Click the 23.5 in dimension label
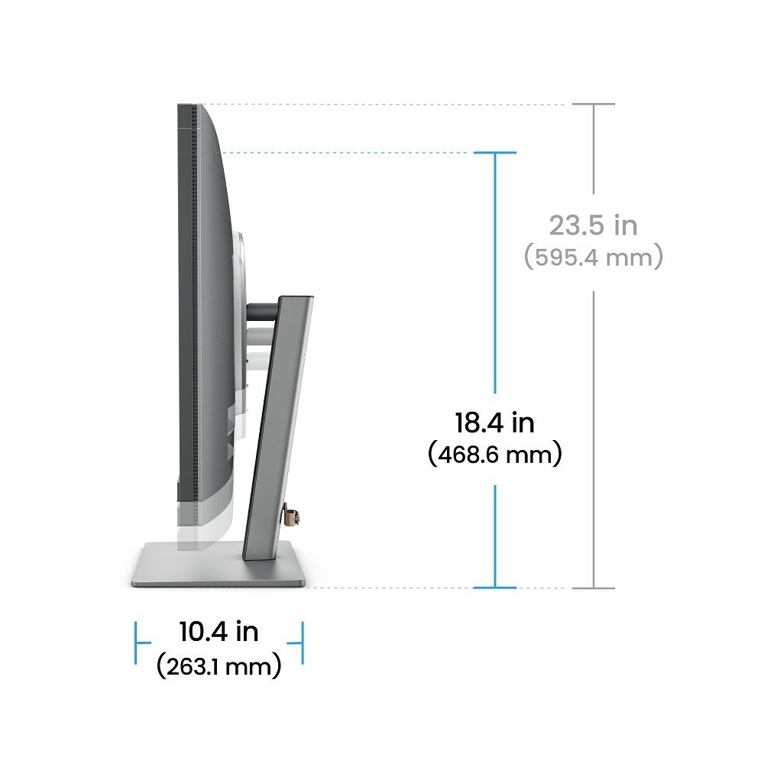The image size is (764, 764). coord(594,225)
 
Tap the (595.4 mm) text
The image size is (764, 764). coord(594,257)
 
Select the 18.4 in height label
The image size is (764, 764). coord(494,422)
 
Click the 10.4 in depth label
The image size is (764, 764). coord(219,632)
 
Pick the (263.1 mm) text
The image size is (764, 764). coord(219,666)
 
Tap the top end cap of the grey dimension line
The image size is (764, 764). coord(594,104)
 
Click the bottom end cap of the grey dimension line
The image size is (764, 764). coord(594,588)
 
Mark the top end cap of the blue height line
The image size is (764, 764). coord(495,154)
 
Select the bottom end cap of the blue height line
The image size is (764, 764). coord(495,588)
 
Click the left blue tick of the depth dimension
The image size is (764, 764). coord(137,642)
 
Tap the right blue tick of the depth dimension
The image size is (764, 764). coord(303,642)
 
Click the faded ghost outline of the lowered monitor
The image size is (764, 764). coord(187,527)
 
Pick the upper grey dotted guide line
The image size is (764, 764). coord(382,104)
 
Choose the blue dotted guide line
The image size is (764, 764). coord(344,154)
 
